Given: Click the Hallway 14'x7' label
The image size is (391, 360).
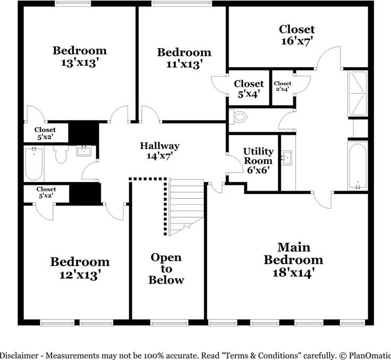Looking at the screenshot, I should [159, 151].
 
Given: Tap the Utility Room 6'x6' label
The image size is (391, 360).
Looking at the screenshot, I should [258, 161].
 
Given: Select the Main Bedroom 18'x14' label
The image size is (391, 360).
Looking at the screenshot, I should [293, 260].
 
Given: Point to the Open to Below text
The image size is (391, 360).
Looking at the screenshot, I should [166, 269].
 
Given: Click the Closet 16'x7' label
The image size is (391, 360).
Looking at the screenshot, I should [296, 35].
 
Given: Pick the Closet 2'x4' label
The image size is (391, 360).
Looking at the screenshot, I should [282, 86].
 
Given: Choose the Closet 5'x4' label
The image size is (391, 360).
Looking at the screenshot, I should [249, 89].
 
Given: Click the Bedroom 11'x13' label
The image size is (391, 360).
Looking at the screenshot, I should [184, 58].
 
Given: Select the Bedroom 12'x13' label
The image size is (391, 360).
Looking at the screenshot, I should [80, 268].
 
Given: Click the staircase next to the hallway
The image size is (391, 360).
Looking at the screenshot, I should [186, 204].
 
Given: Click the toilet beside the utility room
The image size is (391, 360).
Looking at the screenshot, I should [240, 116].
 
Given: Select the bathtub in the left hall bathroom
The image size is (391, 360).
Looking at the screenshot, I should [35, 164].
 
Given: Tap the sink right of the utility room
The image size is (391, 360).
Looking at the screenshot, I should [287, 158].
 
